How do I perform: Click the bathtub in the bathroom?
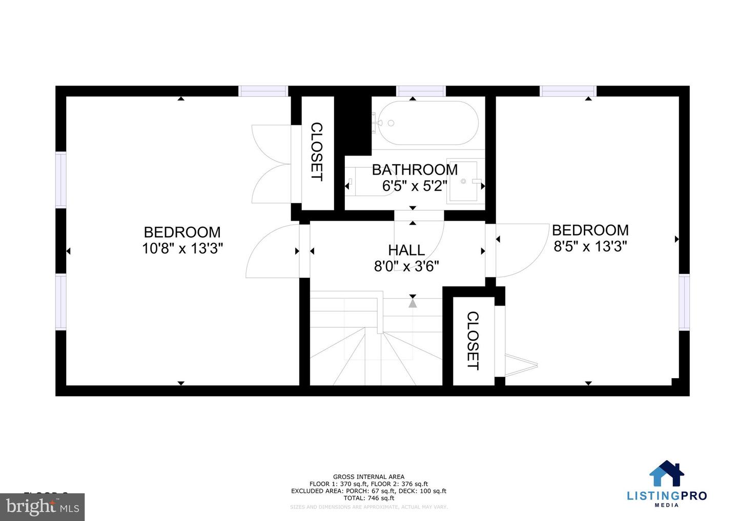pos(428,123)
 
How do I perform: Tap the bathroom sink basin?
pos(463,181)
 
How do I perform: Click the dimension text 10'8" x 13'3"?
pos(182,249)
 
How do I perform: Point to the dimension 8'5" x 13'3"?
pos(590,247)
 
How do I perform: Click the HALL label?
pos(406,250)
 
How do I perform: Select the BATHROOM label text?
pos(415,169)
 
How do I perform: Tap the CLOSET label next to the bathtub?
pos(317,151)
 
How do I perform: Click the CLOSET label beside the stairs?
pos(473,340)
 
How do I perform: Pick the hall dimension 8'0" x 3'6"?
pos(406,266)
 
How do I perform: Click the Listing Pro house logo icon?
pos(667,473)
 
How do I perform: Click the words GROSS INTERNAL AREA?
pos(368,476)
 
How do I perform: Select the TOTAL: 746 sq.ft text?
pos(368,498)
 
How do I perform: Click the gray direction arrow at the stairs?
pos(413,303)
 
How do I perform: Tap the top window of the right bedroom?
pos(568,91)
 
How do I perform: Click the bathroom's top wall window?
pos(421,91)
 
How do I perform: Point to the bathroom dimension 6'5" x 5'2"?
pos(415,185)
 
